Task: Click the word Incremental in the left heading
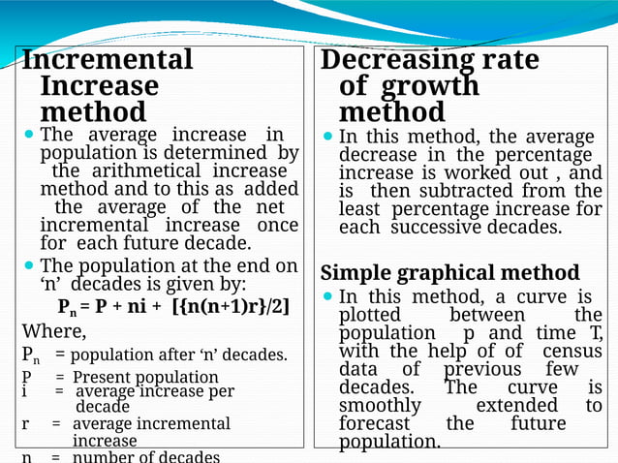tap(108, 60)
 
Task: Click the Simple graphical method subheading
tap(449, 272)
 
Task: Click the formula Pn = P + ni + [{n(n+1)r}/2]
tap(173, 308)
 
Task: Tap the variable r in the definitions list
tap(26, 423)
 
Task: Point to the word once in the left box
tap(277, 226)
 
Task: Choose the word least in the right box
tap(358, 210)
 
